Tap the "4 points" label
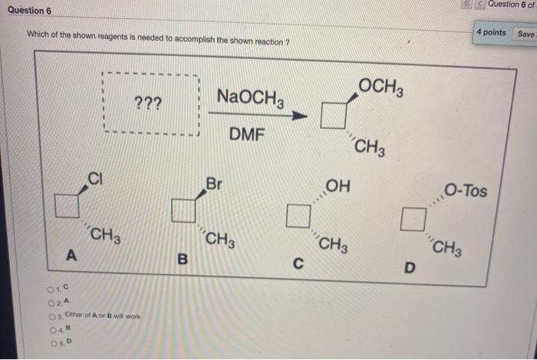click(x=491, y=32)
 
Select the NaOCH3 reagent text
click(x=251, y=97)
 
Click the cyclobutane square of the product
click(x=334, y=116)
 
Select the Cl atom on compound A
click(x=96, y=179)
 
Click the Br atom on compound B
click(x=215, y=183)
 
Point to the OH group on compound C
click(x=338, y=186)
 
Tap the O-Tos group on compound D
click(x=465, y=190)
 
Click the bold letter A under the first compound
click(x=71, y=254)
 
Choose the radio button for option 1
click(x=50, y=289)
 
